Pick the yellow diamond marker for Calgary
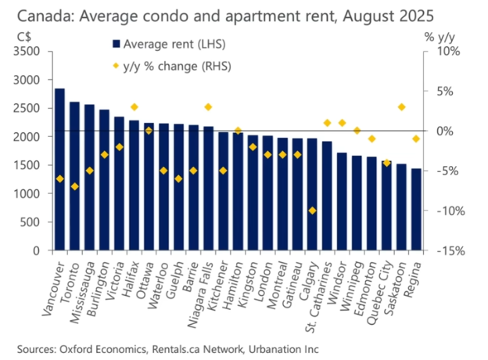point(312,211)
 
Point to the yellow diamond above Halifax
point(134,106)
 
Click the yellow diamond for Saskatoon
point(401,106)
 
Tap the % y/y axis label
point(441,35)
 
